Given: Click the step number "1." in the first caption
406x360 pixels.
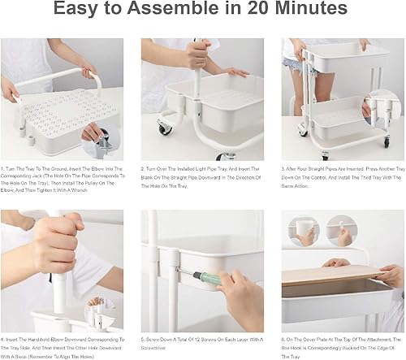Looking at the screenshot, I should pos(4,168).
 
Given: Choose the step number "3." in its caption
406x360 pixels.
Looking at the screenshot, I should pos(283,168).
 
